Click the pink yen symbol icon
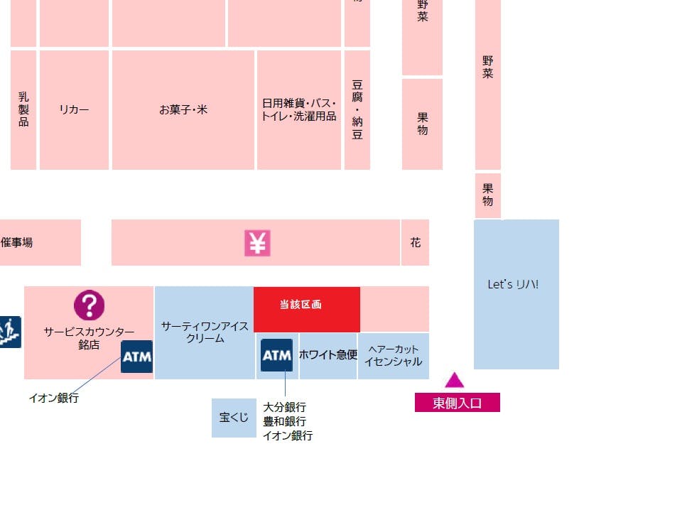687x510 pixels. point(257,243)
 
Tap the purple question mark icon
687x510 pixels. point(89,305)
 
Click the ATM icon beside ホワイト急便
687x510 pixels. point(276,355)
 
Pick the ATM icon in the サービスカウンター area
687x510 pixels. point(136,357)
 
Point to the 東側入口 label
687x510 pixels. point(458,403)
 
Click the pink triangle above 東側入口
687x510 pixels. point(454,381)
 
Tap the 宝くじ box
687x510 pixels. point(234,418)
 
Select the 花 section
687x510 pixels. point(416,243)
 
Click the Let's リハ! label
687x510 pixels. point(513,284)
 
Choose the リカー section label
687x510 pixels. point(74,110)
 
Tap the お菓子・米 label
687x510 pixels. point(183,110)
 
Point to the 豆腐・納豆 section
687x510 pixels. point(357,109)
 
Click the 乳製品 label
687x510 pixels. point(23,109)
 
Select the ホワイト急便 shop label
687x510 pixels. point(328,354)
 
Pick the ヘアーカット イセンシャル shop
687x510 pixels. point(393,356)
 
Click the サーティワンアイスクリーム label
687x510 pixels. point(205,332)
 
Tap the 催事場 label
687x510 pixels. point(17,242)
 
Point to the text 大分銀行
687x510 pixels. point(284,407)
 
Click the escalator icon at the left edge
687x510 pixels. point(9,331)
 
